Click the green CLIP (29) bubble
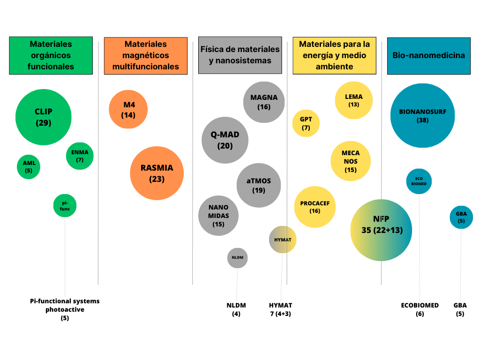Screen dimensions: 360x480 tap(44, 117)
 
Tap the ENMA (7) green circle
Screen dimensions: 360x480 tap(80, 156)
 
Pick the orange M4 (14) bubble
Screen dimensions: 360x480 tap(128, 109)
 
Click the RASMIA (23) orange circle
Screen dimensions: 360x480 tap(157, 173)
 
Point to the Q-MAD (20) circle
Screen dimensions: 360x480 tap(225, 140)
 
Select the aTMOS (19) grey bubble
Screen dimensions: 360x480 tap(258, 186)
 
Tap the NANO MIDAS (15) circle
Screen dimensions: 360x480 tap(218, 216)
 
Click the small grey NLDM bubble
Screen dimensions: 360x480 tap(237, 257)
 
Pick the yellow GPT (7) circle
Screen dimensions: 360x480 tap(306, 123)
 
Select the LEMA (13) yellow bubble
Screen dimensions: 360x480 tap(353, 100)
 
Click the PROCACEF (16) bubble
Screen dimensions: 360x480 tap(315, 207)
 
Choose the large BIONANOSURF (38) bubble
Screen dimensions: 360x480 tap(422, 116)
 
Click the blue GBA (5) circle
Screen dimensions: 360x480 tap(461, 217)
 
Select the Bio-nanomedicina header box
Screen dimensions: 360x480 tap(428, 55)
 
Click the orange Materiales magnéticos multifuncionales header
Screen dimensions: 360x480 tap(146, 55)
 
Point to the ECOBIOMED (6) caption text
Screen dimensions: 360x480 tap(420, 309)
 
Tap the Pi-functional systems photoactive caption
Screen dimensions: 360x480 tap(65, 309)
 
